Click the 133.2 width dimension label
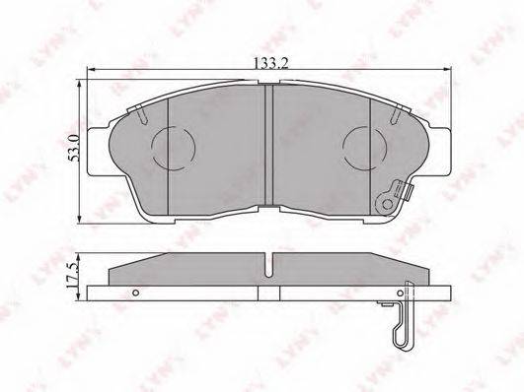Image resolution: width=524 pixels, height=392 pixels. point(271,63)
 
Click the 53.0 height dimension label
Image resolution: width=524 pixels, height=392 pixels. point(74,148)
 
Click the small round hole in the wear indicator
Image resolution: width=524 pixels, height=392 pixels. point(388,204)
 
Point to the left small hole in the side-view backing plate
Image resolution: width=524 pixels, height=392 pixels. point(135,293)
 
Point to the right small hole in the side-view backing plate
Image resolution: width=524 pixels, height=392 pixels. point(400,293)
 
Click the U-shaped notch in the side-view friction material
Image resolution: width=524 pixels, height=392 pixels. point(269,266)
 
